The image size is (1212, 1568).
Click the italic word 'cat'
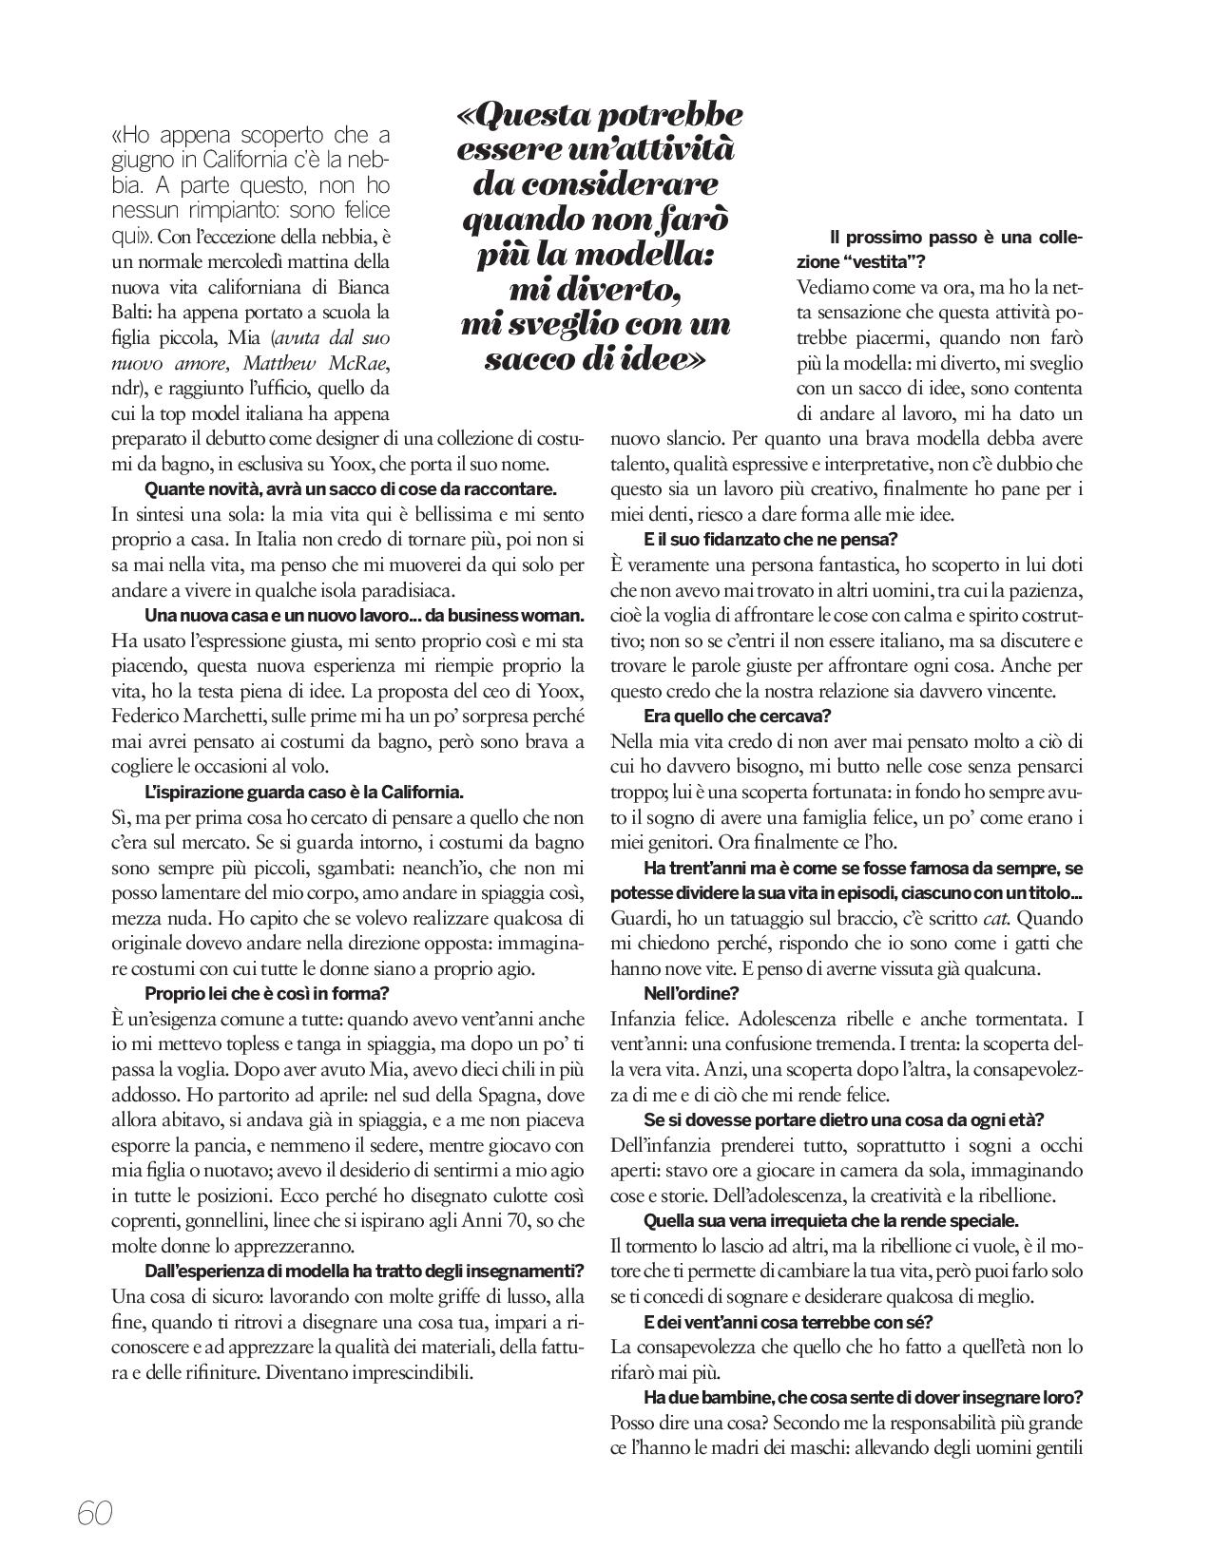point(992,919)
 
